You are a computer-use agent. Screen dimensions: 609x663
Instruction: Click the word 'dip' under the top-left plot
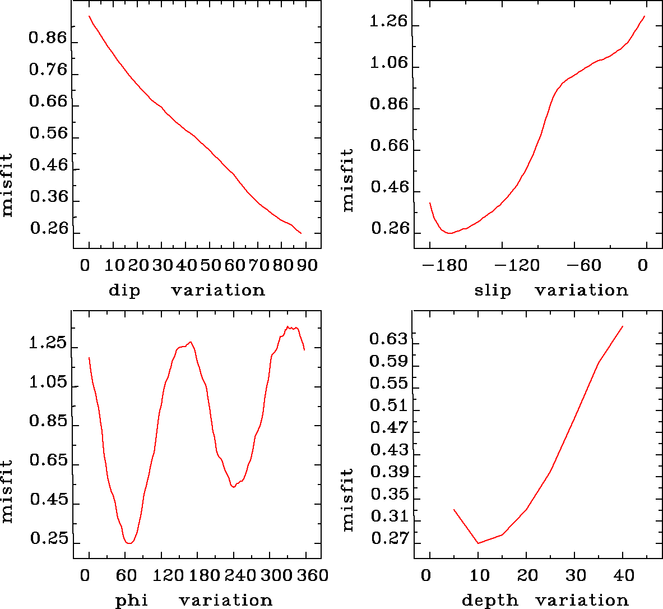coord(124,290)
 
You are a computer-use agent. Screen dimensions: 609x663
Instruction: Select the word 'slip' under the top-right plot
coord(493,290)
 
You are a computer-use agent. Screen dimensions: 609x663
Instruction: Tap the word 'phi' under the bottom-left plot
coord(132,601)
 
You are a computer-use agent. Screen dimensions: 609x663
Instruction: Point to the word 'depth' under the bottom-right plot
coord(483,601)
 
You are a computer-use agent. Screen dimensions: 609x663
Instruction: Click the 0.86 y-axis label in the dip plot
coord(48,39)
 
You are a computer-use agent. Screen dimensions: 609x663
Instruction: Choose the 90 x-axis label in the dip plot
coord(307,265)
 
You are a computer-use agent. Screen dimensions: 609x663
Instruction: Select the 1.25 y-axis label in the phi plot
coord(48,344)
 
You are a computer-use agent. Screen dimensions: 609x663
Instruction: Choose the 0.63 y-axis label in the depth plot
coord(389,339)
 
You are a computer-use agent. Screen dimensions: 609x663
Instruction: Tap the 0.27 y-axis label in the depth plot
coord(389,539)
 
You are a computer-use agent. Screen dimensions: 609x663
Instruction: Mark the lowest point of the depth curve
coord(478,543)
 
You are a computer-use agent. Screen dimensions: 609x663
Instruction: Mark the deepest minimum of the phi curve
coord(129,543)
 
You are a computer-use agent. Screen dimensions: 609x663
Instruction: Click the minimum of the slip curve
coord(449,233)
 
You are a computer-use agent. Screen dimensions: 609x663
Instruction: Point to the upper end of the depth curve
coord(623,326)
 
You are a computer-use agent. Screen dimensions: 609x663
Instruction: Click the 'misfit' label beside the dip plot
coord(7,185)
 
